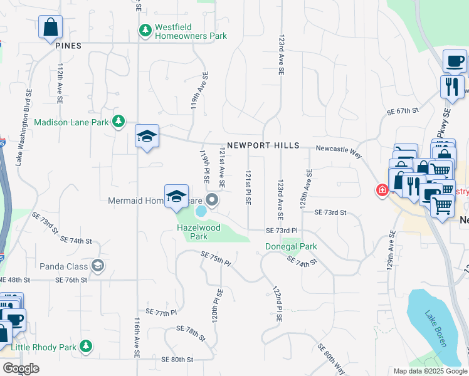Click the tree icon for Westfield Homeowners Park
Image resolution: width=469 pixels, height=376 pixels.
coord(145,31)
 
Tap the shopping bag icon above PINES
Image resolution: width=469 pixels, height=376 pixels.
coord(50,28)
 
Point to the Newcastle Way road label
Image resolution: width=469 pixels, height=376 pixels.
coord(339,149)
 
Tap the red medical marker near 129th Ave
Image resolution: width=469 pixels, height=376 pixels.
coord(381,191)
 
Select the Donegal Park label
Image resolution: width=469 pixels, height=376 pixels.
coord(290,246)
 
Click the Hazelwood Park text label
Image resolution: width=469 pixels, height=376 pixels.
coord(199,232)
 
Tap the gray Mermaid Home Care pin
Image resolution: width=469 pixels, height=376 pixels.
coord(212,201)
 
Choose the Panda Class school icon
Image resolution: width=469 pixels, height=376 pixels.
coord(97,266)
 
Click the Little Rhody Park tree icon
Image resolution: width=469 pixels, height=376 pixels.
coord(86,347)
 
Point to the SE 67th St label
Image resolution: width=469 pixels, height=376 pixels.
coord(403,111)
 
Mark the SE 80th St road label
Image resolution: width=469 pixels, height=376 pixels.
coord(177,360)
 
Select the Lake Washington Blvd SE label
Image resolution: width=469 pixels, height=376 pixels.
coord(24,128)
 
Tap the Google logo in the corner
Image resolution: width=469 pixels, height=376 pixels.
coord(21,368)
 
